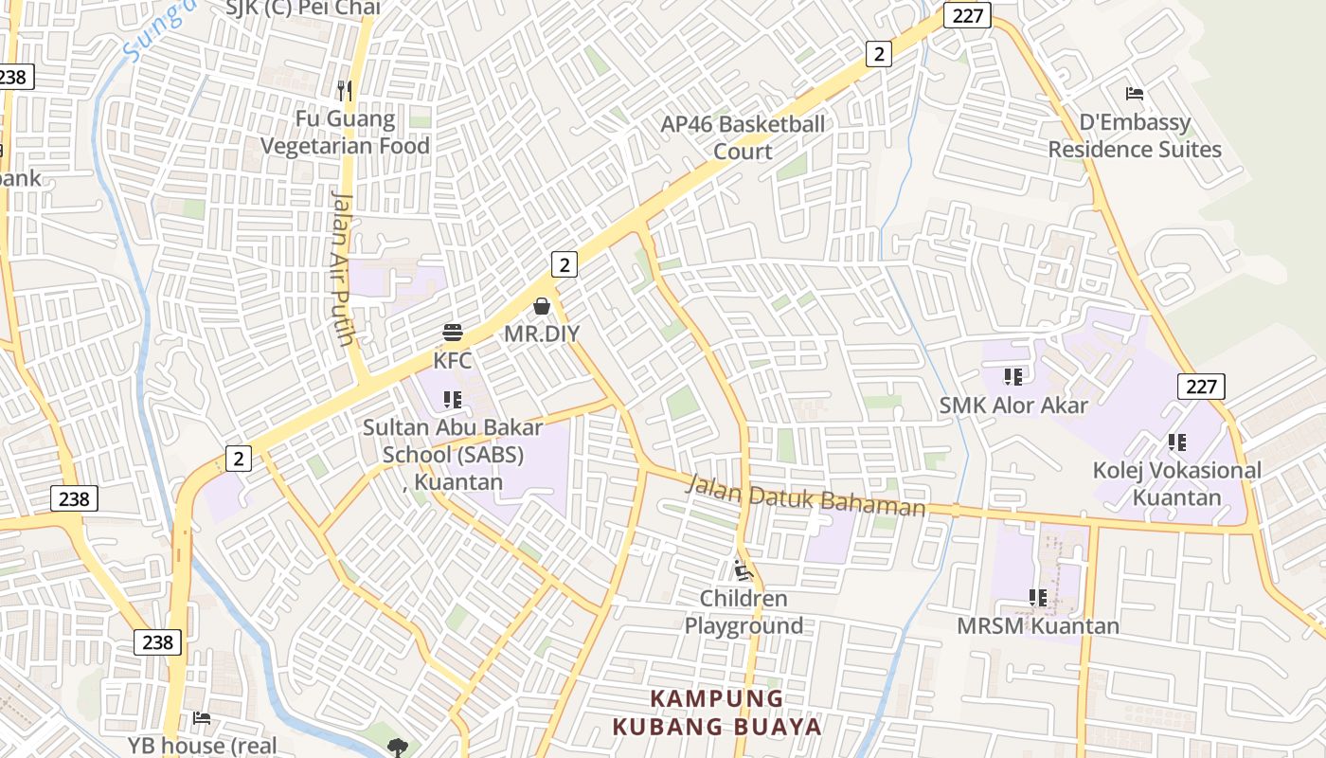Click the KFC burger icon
click(x=453, y=333)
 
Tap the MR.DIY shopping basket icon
click(x=542, y=306)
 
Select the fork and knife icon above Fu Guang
click(x=345, y=91)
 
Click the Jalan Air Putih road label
click(x=342, y=268)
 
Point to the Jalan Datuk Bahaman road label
click(x=805, y=496)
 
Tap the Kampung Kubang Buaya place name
click(x=717, y=713)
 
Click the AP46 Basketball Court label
click(x=743, y=137)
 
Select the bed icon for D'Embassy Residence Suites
click(x=1135, y=93)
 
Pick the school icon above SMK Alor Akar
click(x=1013, y=377)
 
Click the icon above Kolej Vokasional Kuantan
click(x=1177, y=442)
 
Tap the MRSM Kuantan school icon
click(x=1038, y=598)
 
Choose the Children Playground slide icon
click(x=744, y=570)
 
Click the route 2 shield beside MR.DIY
click(x=564, y=264)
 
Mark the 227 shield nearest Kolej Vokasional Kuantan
click(x=1201, y=386)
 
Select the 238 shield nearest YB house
click(x=157, y=642)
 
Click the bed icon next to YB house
click(x=202, y=717)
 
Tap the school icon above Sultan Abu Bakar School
click(x=453, y=400)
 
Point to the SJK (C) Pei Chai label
click(x=303, y=9)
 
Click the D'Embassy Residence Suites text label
click(x=1135, y=135)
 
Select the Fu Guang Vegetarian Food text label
click(x=345, y=133)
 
